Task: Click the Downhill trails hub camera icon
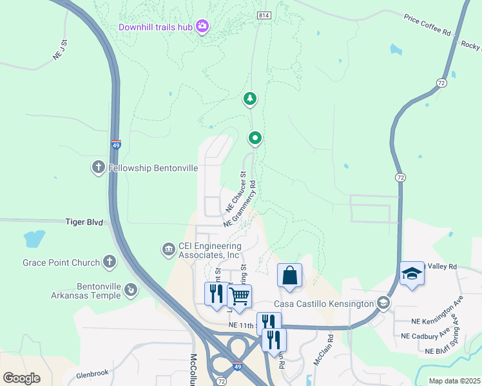pos(202,26)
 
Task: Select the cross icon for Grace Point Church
pos(110,262)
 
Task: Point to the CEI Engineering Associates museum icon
pos(168,249)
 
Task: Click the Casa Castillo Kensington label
pos(323,304)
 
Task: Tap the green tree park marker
pos(249,99)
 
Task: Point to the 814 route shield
pos(263,15)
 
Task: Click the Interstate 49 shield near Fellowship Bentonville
pos(116,145)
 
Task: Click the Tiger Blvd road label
pos(84,222)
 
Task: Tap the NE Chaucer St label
pos(236,192)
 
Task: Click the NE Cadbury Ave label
pos(425,336)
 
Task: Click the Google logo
pos(22,378)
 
